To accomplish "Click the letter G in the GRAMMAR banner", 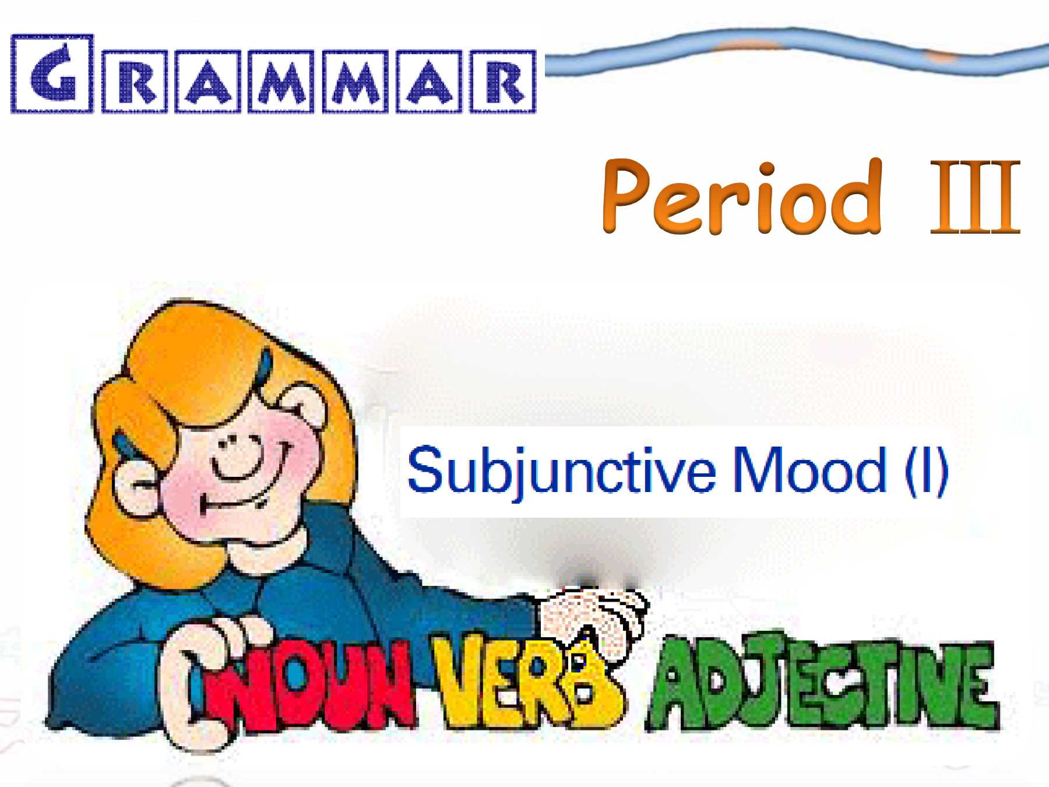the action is point(52,73).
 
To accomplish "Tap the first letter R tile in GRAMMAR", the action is point(135,81).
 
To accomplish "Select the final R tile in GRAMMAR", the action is point(503,81).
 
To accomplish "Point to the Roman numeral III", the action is point(975,196).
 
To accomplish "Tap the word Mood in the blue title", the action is point(809,470).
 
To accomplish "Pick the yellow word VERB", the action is point(527,682).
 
